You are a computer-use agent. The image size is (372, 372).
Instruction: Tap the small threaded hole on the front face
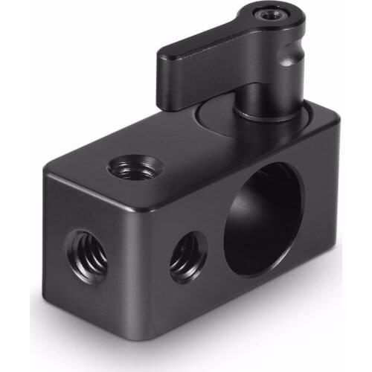click(188, 257)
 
